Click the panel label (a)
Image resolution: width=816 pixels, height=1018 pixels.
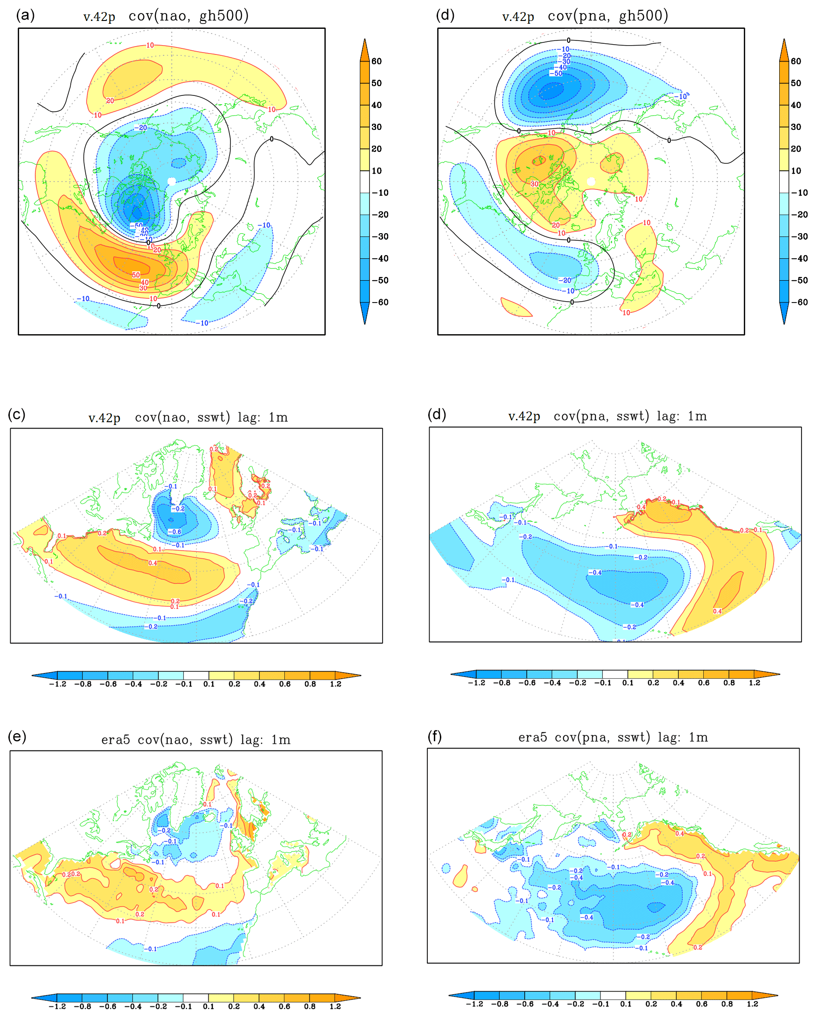tap(25, 15)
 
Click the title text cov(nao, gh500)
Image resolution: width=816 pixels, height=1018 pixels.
tap(189, 15)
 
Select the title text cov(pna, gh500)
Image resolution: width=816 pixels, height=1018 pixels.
tap(608, 15)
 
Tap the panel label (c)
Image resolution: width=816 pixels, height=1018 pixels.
tap(17, 415)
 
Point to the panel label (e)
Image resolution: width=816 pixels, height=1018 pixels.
tap(17, 736)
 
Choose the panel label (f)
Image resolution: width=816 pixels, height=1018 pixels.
tap(434, 736)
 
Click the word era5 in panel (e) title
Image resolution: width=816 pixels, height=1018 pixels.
tap(115, 740)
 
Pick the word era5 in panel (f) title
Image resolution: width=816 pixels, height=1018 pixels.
tap(532, 737)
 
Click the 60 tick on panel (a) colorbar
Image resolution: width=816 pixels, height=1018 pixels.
tap(377, 61)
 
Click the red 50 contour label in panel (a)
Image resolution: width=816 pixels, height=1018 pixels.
tap(136, 275)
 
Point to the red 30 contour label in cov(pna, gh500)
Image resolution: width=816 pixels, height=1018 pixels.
tap(534, 184)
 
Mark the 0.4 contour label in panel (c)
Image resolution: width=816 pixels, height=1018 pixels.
tap(153, 563)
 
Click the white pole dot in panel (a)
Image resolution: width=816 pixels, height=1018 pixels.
tap(172, 182)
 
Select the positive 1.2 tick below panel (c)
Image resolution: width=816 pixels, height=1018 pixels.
tap(335, 684)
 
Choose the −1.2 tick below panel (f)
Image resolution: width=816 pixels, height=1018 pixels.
tap(474, 1004)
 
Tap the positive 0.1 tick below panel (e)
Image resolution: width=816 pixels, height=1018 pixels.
tap(208, 1006)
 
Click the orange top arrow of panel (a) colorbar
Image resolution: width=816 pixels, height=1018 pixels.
tap(364, 50)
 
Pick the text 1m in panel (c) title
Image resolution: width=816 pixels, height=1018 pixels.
tap(278, 418)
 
